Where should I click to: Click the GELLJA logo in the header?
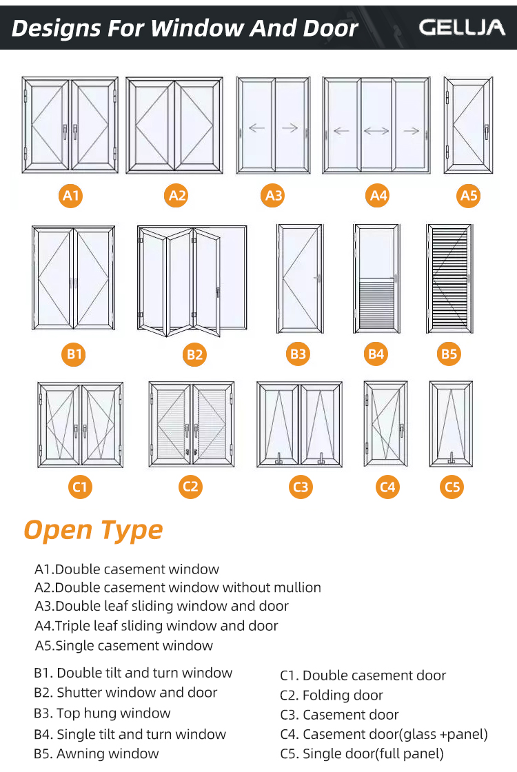(x=462, y=28)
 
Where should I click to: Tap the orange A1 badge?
(x=72, y=196)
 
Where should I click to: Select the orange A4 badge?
(x=378, y=196)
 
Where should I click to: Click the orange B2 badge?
(x=194, y=354)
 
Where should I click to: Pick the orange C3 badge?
(x=301, y=487)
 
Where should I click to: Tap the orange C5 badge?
(x=452, y=487)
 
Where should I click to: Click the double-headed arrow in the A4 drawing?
(x=376, y=130)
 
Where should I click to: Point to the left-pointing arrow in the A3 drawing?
(x=256, y=128)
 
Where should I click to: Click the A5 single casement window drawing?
(x=468, y=125)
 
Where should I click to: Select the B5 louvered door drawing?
(x=449, y=277)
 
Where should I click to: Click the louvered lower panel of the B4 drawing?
(x=376, y=303)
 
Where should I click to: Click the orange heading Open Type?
(x=93, y=530)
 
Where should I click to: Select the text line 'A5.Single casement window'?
(x=124, y=646)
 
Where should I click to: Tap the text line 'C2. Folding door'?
(x=332, y=695)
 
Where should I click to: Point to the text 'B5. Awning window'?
(x=97, y=754)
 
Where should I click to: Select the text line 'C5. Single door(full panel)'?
(x=362, y=754)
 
